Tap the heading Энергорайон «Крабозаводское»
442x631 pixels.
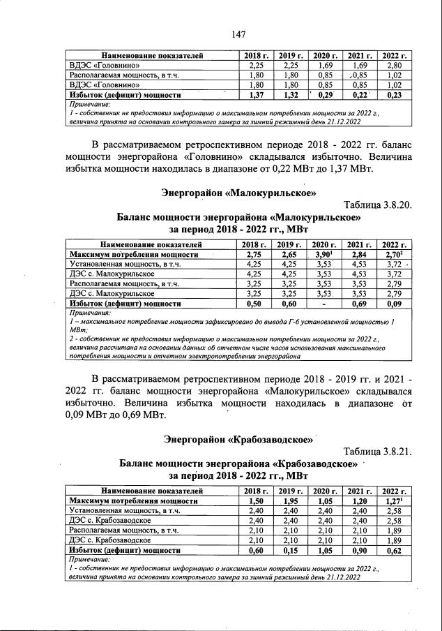(236, 439)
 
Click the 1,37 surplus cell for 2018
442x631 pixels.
(254, 94)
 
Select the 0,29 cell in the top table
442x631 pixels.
(324, 94)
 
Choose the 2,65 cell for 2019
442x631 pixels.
(289, 255)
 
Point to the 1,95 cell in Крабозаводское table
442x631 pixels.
(289, 501)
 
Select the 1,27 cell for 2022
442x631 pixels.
(394, 501)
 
